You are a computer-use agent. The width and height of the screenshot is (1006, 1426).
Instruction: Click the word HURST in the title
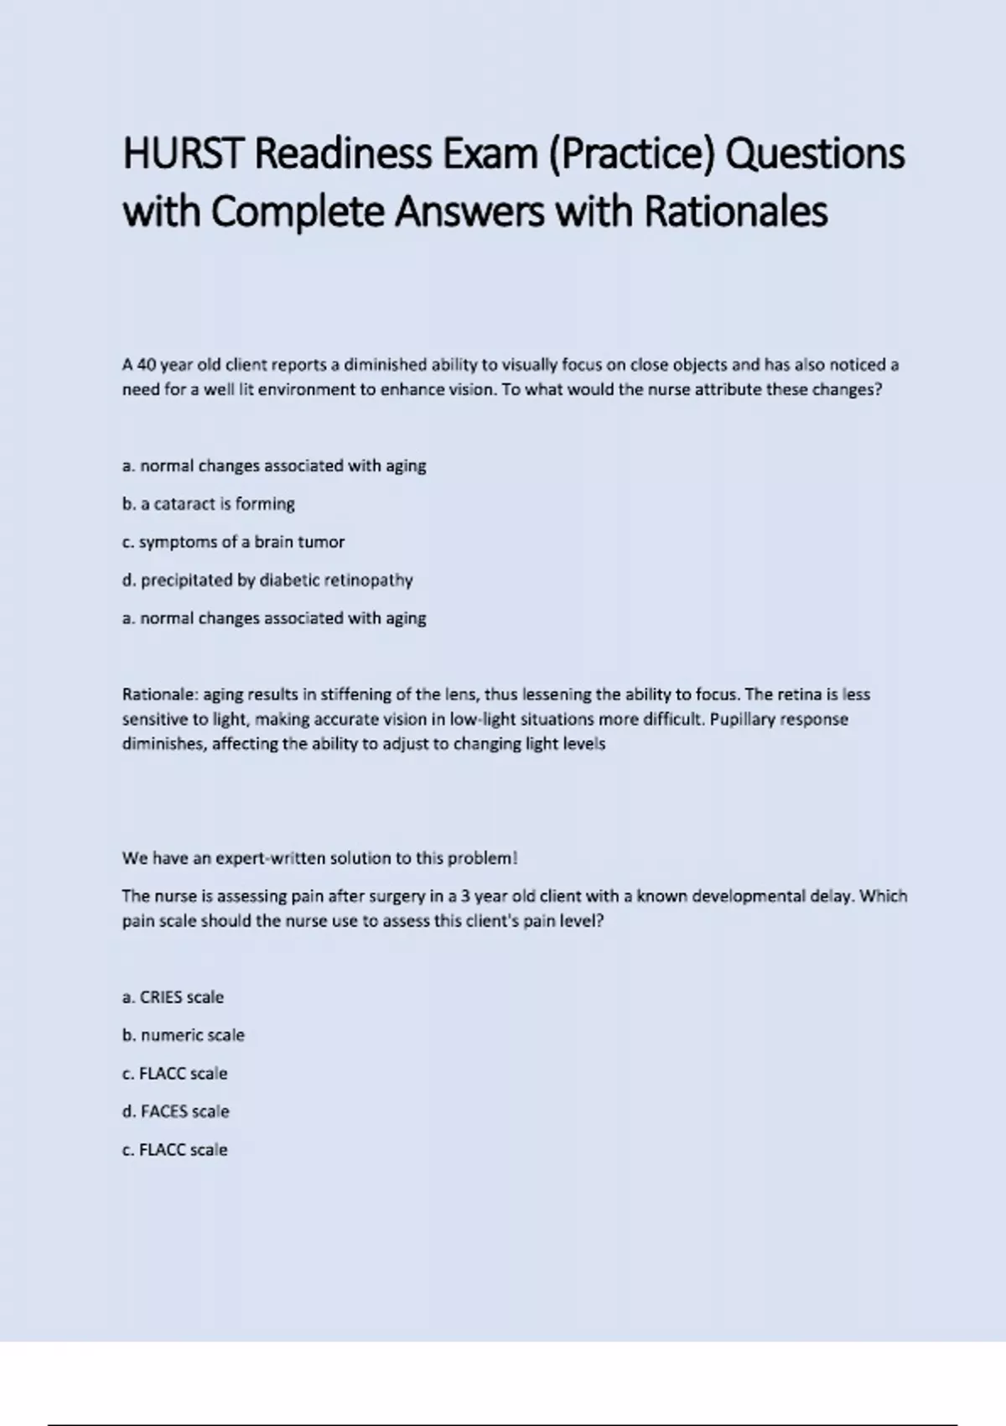(184, 154)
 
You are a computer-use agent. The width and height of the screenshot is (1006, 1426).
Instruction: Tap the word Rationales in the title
(735, 211)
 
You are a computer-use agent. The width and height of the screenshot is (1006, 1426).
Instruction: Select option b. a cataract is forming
(209, 504)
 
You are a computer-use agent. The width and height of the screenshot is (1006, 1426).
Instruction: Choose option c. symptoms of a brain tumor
(233, 542)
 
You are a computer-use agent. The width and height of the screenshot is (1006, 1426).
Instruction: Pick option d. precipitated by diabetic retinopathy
(267, 580)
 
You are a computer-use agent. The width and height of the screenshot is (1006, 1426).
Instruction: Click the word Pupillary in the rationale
(741, 719)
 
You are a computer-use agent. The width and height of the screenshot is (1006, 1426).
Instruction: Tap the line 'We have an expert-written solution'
(319, 858)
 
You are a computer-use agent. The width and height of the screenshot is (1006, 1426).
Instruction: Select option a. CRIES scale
(173, 997)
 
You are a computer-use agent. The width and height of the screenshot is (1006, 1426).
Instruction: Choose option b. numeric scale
(184, 1035)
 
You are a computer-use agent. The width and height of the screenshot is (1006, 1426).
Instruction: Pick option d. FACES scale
(175, 1111)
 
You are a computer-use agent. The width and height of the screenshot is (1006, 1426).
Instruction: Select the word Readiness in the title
(343, 154)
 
